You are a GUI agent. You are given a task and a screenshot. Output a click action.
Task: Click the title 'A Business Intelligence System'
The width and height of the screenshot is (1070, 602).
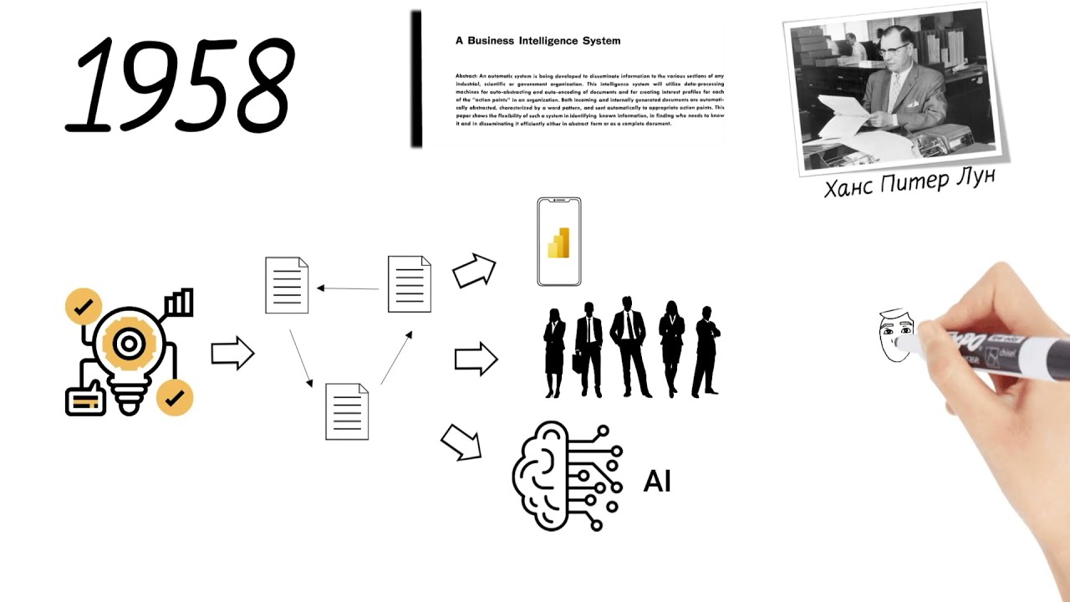(x=538, y=40)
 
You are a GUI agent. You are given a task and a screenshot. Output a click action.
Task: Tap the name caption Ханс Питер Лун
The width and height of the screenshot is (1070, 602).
(x=909, y=181)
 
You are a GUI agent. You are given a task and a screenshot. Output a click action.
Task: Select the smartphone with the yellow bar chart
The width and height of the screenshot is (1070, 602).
(x=558, y=242)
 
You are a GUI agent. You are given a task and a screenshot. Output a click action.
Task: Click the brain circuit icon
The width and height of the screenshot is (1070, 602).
(x=567, y=475)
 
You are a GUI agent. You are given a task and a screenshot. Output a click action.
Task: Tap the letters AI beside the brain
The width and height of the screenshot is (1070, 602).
(x=657, y=482)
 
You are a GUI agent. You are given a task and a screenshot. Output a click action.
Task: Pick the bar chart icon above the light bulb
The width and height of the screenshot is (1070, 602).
(x=180, y=303)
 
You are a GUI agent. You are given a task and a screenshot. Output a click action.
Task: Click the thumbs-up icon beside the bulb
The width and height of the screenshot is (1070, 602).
(x=85, y=399)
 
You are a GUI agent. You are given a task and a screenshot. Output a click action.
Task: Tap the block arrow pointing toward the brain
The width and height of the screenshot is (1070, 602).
(x=461, y=441)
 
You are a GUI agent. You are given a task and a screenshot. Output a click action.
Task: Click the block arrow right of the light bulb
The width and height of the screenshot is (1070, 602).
(x=232, y=354)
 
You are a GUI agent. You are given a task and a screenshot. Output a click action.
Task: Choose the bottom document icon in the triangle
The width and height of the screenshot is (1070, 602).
(x=347, y=411)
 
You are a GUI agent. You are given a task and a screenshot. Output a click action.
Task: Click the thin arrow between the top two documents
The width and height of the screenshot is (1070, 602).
(x=348, y=288)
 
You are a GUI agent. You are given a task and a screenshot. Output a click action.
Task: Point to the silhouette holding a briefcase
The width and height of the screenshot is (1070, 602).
(x=588, y=349)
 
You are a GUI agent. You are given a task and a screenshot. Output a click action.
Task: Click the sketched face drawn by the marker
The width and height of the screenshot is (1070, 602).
(x=894, y=337)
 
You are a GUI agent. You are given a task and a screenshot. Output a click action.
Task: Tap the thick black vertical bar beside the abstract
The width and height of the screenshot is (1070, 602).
(x=415, y=79)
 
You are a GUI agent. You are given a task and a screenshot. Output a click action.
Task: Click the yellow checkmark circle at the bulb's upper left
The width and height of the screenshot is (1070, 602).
(x=83, y=307)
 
